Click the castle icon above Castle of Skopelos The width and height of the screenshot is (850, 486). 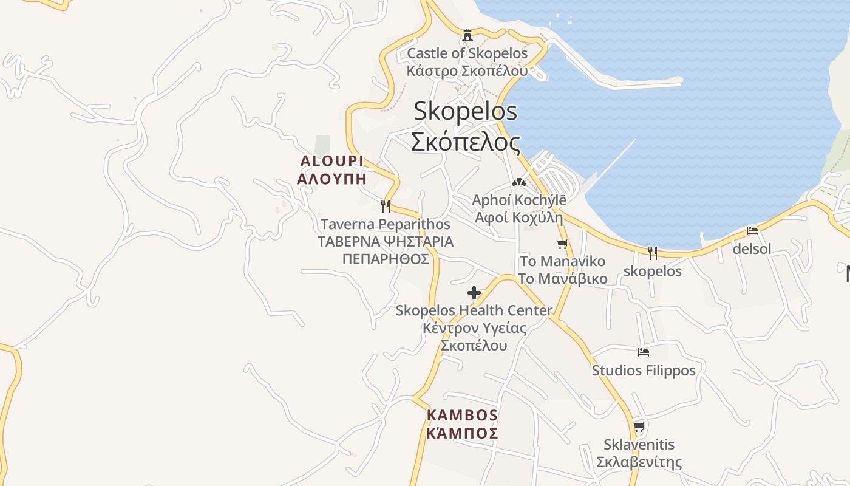(x=467, y=35)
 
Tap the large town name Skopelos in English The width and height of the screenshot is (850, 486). (x=466, y=111)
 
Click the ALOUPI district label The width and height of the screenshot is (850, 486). (x=332, y=161)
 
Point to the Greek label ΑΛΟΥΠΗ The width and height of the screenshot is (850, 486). (x=332, y=179)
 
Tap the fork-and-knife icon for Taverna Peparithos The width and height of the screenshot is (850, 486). (x=385, y=206)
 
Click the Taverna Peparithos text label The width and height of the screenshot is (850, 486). (x=386, y=224)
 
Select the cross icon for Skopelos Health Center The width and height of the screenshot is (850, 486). (x=474, y=293)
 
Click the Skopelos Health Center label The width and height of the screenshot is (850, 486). (x=474, y=310)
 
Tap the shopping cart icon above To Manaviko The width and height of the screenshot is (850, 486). (x=562, y=244)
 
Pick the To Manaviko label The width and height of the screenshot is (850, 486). (x=563, y=261)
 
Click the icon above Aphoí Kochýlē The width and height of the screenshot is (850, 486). (x=518, y=182)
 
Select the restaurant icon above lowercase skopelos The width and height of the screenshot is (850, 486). (x=653, y=253)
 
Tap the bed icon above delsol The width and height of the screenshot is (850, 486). (x=752, y=231)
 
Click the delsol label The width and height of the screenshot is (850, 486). (x=752, y=248)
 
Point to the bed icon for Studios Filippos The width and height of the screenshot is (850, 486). (x=644, y=352)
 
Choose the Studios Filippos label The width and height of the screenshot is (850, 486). (x=644, y=370)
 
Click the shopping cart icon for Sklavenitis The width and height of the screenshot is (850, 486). (x=639, y=427)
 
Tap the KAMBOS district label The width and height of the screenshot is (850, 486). (x=462, y=416)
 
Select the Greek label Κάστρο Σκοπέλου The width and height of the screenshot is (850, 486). (x=467, y=70)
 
